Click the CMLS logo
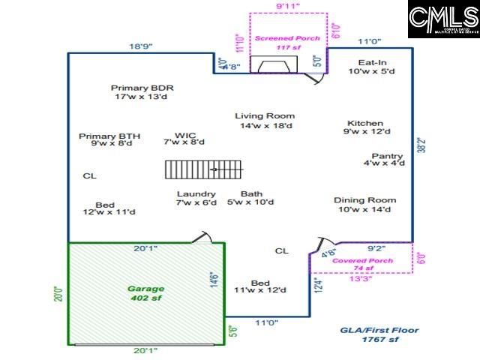443,19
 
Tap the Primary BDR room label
142,91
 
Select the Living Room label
265,121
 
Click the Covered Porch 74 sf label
363,265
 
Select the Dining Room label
365,205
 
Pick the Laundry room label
196,198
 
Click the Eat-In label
372,67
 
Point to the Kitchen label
365,127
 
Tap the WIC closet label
184,140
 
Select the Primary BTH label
109,140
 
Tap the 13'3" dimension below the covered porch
361,279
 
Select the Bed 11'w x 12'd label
260,286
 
